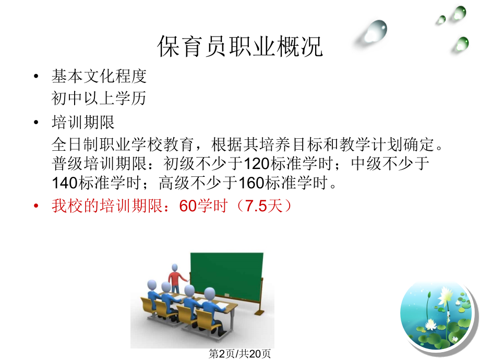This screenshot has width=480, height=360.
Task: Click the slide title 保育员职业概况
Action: (240, 47)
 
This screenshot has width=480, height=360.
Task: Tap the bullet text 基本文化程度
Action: (99, 77)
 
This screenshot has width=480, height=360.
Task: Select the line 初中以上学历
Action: (99, 98)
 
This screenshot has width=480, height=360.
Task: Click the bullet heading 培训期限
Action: (83, 123)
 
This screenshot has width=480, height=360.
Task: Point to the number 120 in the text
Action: (257, 164)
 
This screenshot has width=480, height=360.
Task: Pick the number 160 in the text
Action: (253, 184)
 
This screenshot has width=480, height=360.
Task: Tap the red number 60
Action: (187, 206)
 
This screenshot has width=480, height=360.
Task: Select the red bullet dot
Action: (36, 206)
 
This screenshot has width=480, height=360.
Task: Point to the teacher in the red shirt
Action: (175, 279)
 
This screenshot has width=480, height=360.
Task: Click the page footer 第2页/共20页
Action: (240, 353)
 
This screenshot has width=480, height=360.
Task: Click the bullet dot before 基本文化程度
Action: (36, 77)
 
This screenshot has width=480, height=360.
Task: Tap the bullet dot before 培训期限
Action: (36, 123)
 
